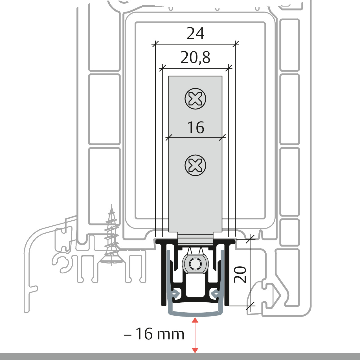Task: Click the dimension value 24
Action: click(196, 34)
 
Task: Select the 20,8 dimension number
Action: click(196, 58)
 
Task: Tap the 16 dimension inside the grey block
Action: click(196, 128)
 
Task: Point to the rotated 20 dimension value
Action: click(240, 274)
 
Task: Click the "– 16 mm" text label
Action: click(154, 334)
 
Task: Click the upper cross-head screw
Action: click(195, 99)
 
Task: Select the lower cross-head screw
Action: click(195, 165)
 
